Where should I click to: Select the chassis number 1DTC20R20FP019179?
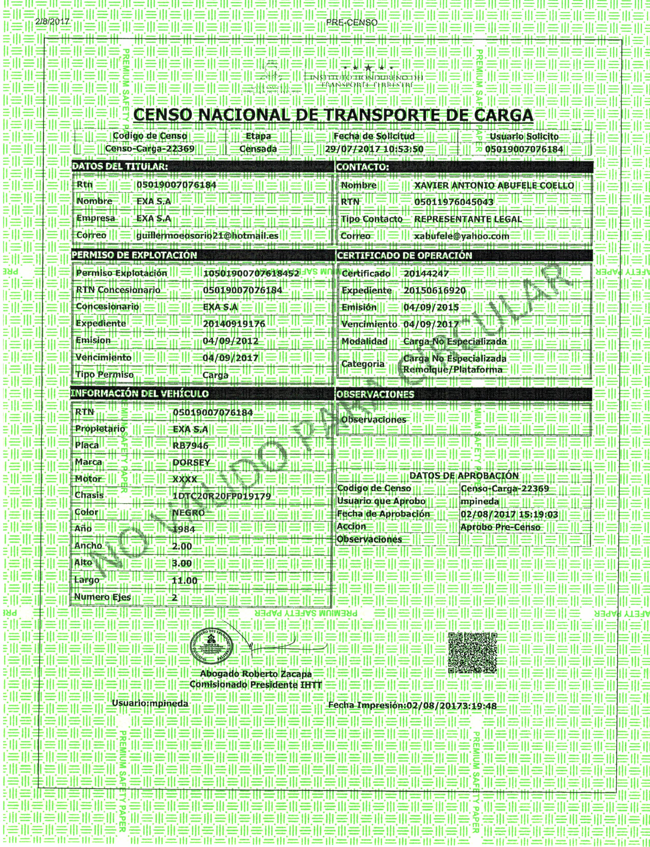coord(222,496)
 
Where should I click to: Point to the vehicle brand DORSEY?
coord(191,462)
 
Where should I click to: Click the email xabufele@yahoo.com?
coord(461,236)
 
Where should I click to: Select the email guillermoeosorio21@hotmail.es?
coord(207,236)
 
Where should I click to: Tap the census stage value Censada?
coord(258,149)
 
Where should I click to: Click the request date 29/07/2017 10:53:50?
coord(374,149)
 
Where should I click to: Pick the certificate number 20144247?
coord(426,274)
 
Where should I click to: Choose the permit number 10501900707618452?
coord(251,273)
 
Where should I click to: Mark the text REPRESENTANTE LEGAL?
coord(468,219)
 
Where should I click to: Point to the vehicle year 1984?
coord(184,529)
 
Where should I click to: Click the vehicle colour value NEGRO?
coord(188,513)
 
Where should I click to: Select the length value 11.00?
coord(185,580)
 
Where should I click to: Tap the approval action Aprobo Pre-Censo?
coord(500,527)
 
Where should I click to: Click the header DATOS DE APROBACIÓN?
coord(464,476)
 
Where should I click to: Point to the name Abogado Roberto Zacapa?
coord(256,674)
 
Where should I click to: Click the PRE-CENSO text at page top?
coord(351,23)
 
